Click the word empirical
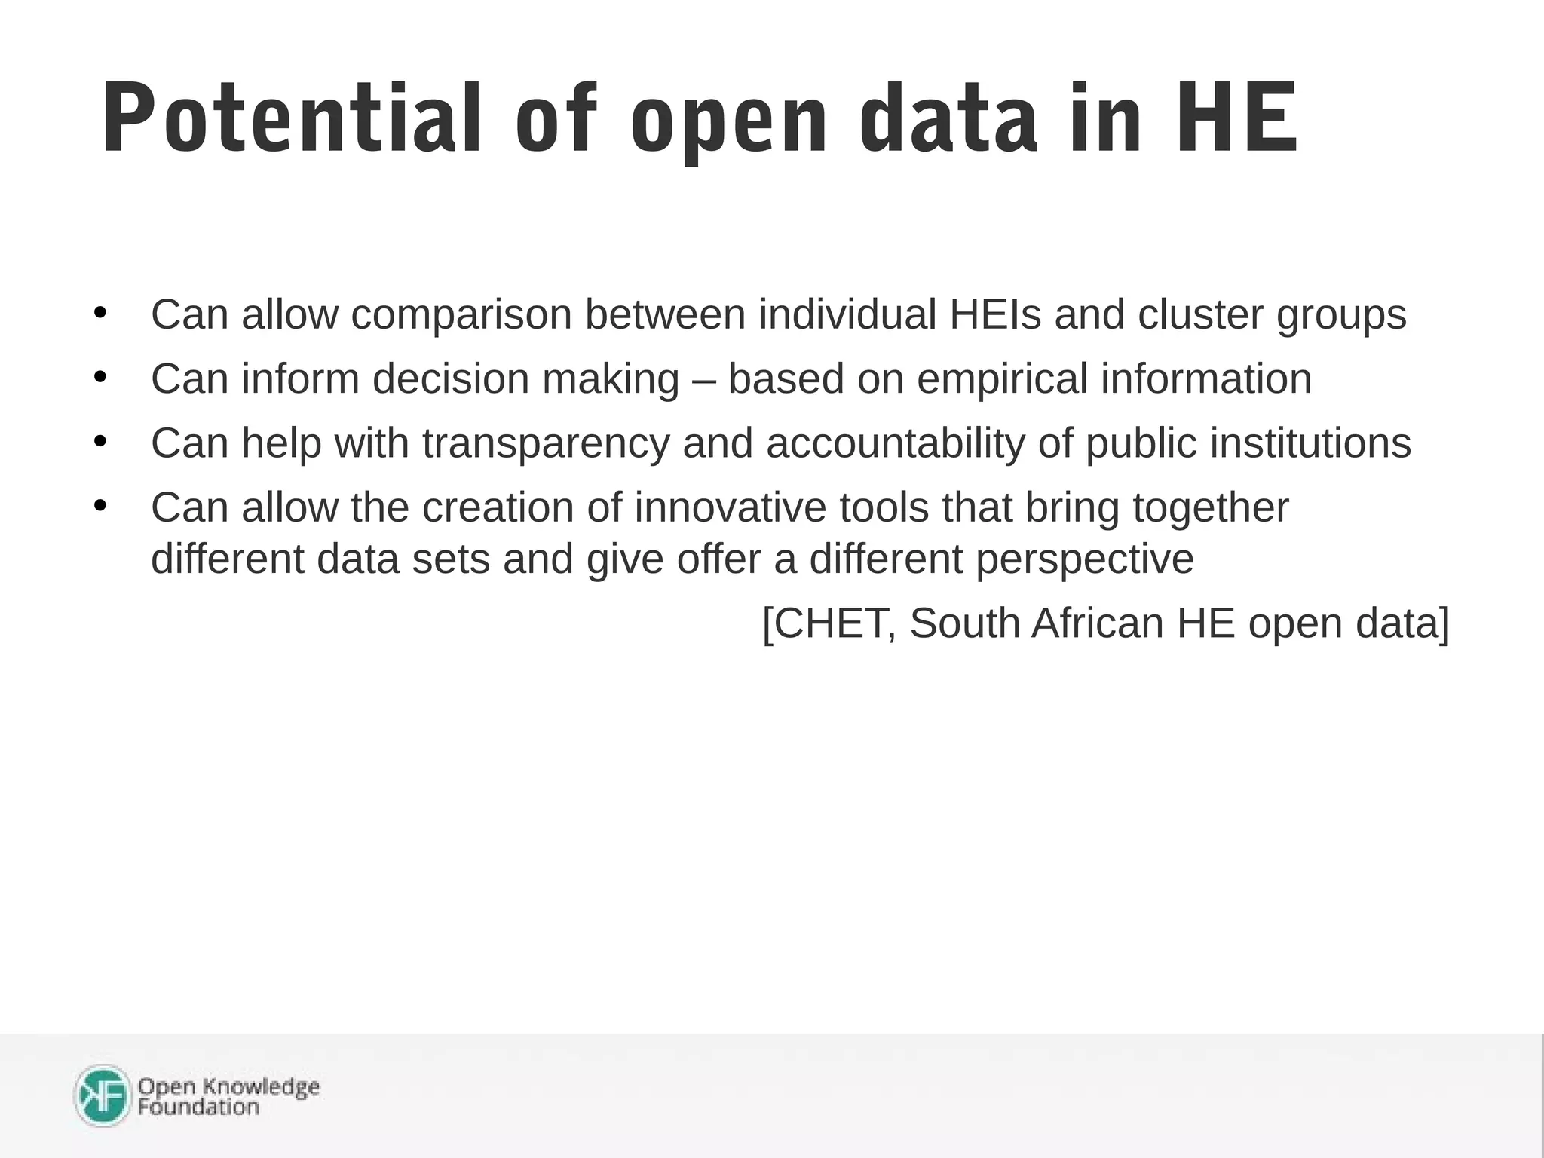pyautogui.click(x=1002, y=379)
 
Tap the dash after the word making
pyautogui.click(x=703, y=379)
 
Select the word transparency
pyautogui.click(x=546, y=443)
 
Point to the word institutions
pyautogui.click(x=1310, y=443)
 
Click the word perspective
pyautogui.click(x=1085, y=559)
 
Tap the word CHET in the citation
pyautogui.click(x=829, y=623)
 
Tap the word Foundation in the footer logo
pyautogui.click(x=198, y=1107)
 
